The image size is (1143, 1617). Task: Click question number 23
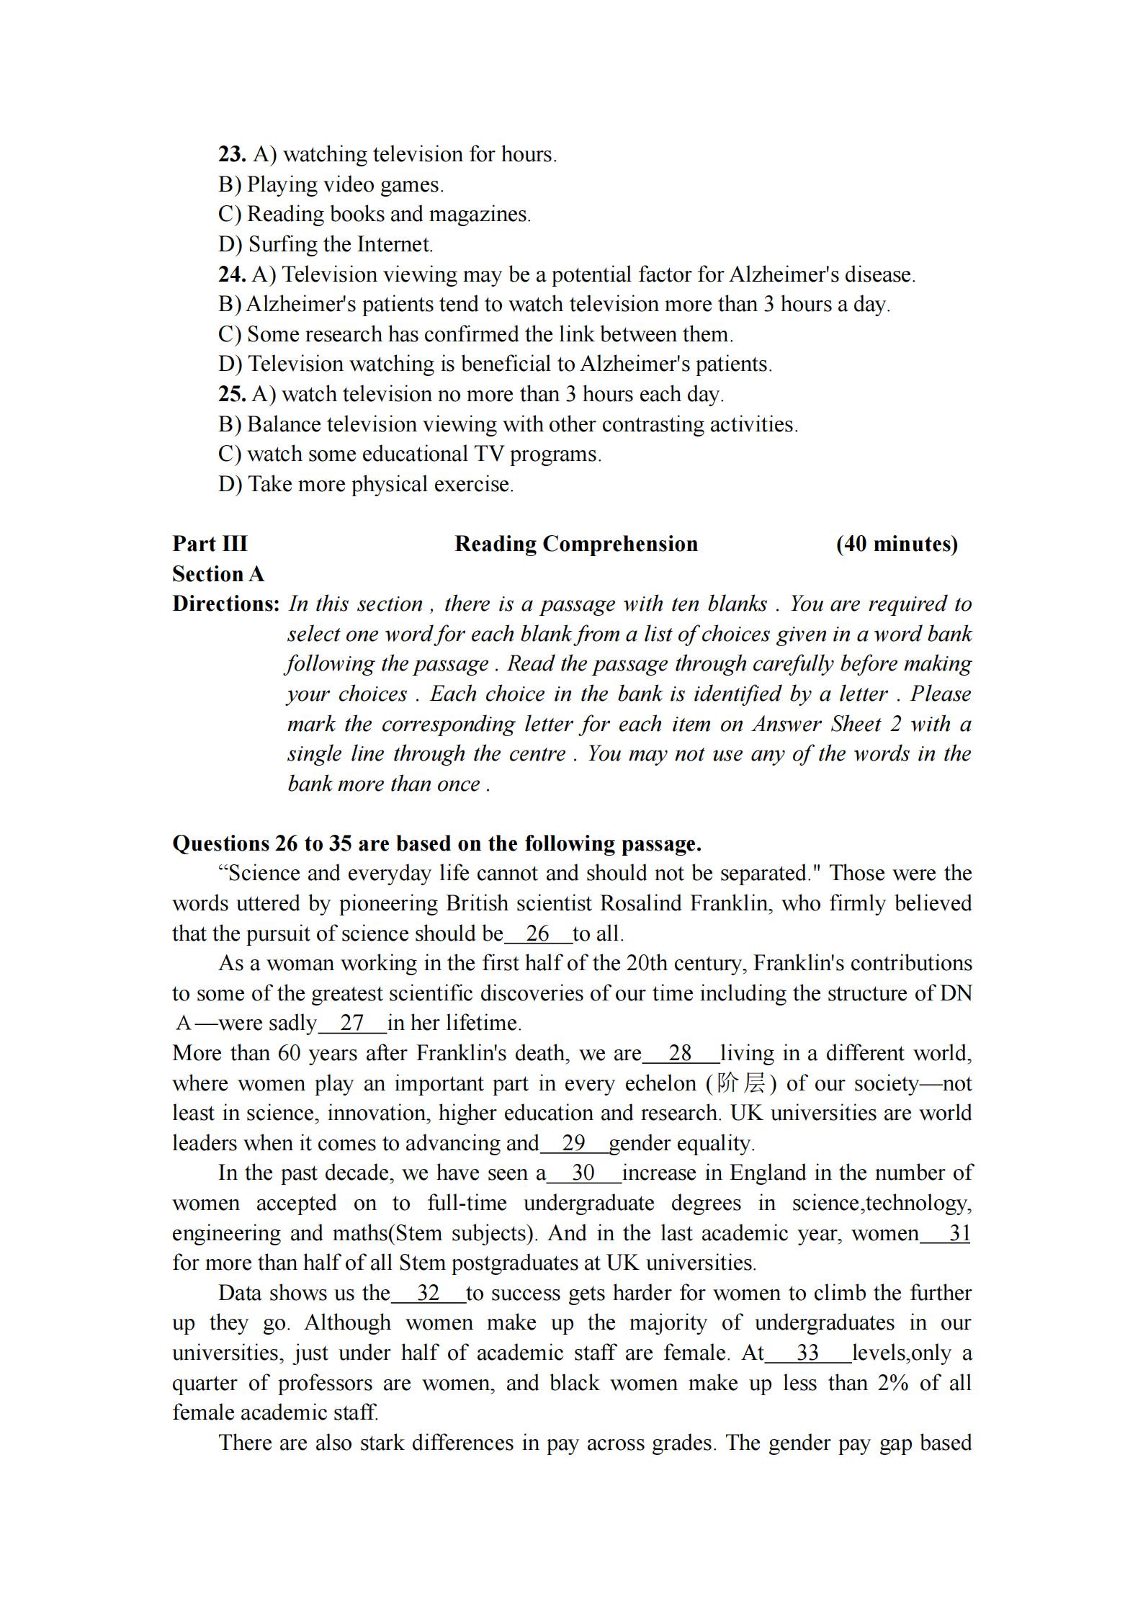click(x=232, y=154)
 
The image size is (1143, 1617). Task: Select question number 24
click(x=232, y=274)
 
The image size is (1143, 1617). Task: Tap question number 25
click(x=232, y=394)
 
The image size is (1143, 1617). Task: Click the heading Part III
click(x=210, y=544)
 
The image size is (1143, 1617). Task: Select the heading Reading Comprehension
click(x=576, y=544)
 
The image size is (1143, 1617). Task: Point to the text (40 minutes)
click(x=897, y=544)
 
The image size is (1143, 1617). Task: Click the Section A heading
click(x=218, y=574)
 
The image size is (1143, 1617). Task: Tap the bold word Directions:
click(x=225, y=604)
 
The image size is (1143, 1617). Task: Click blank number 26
click(x=538, y=933)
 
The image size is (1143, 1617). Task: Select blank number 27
click(x=352, y=1023)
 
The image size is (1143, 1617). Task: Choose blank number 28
click(x=681, y=1053)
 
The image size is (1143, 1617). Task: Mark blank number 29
click(x=573, y=1143)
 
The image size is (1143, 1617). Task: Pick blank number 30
click(x=583, y=1173)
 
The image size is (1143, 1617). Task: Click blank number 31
click(x=959, y=1233)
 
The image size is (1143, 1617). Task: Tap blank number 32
click(x=429, y=1293)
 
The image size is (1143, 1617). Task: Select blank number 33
click(x=808, y=1353)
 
